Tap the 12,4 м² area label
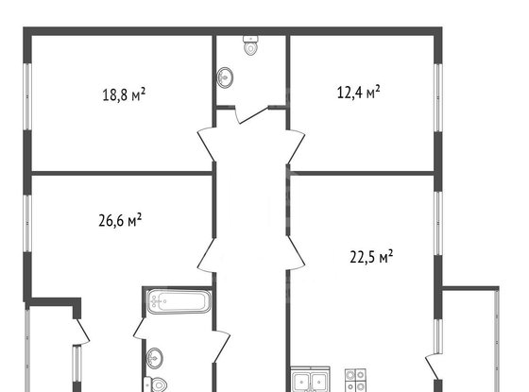click(359, 93)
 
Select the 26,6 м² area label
click(120, 220)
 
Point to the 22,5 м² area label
click(371, 254)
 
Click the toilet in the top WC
click(251, 46)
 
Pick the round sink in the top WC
click(228, 77)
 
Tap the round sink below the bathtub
click(156, 358)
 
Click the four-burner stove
click(356, 381)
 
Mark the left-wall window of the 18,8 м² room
click(27, 94)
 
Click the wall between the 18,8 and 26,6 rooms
click(118, 173)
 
